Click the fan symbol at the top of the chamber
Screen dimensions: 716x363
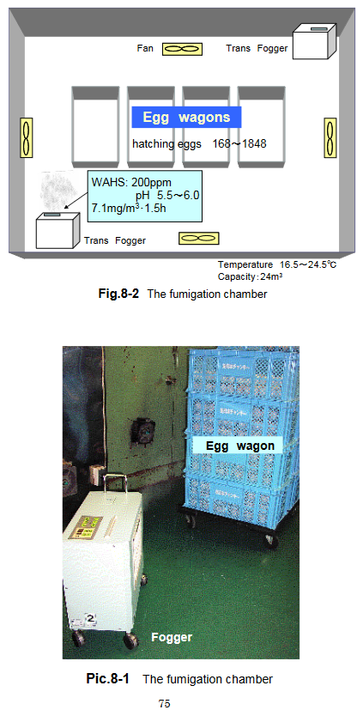(x=181, y=50)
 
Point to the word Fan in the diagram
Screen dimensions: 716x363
(x=145, y=49)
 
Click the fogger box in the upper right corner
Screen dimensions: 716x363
(x=314, y=41)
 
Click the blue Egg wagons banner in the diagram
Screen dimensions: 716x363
(x=186, y=117)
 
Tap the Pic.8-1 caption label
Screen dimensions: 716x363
(x=107, y=679)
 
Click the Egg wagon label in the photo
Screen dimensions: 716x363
(x=233, y=446)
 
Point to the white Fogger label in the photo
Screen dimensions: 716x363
(x=172, y=637)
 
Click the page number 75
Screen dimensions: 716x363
(x=165, y=704)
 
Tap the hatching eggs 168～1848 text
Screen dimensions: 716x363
(x=199, y=143)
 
